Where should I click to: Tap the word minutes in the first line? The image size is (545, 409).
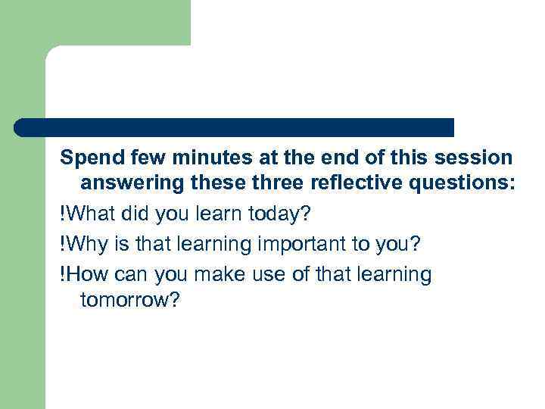tap(203, 158)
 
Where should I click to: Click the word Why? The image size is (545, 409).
tap(82, 244)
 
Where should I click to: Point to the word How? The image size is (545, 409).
tap(84, 273)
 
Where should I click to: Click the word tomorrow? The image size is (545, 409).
tap(129, 301)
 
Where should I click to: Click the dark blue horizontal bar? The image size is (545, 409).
tap(235, 127)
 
